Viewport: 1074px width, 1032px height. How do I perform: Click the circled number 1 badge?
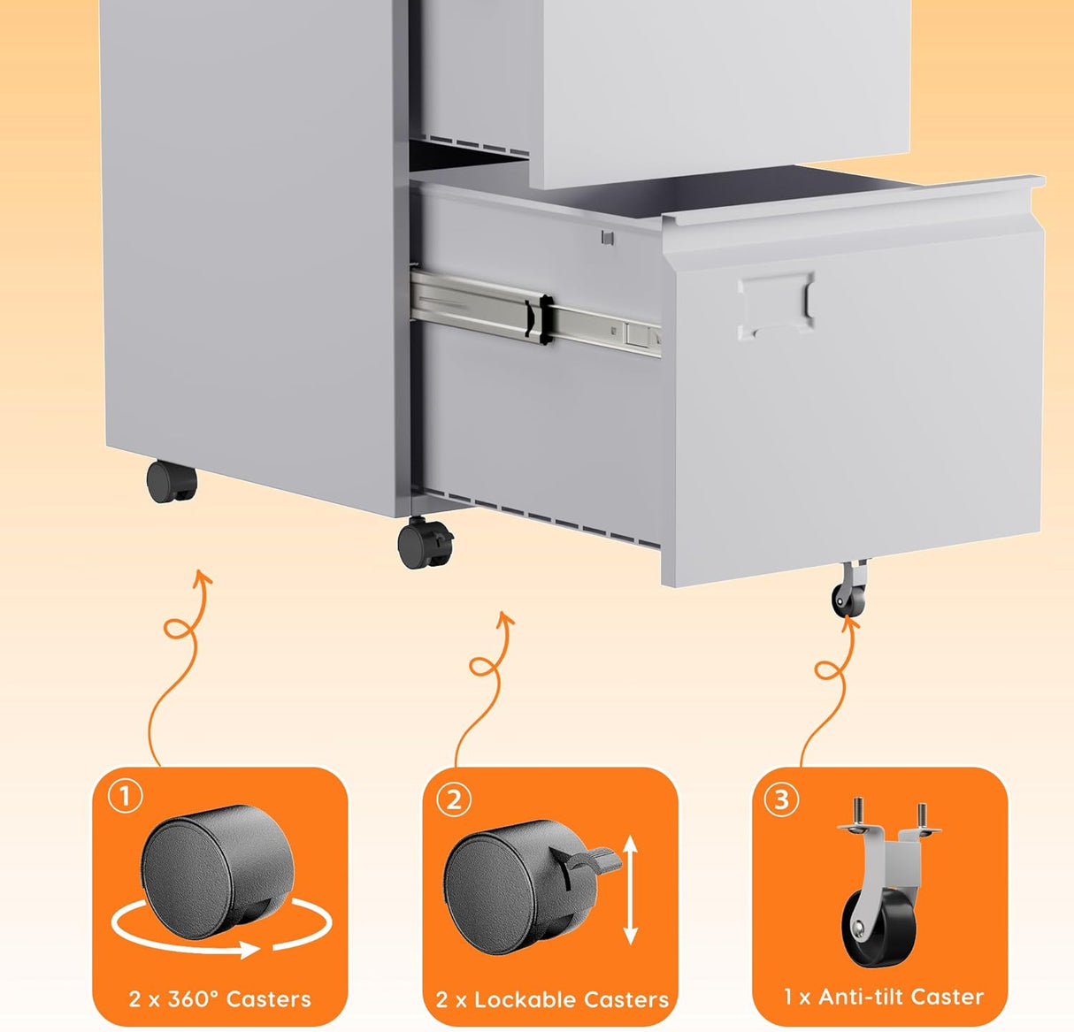(125, 797)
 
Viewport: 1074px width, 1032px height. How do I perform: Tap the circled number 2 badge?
(455, 799)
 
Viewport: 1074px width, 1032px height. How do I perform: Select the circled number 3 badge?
(781, 799)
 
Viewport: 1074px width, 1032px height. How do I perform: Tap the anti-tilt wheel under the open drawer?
(848, 600)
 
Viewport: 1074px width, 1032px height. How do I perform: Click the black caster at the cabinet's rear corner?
(172, 482)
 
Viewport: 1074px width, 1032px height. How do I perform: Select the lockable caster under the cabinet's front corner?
(425, 542)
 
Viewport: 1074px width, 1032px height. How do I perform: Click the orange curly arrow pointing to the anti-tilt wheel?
(830, 690)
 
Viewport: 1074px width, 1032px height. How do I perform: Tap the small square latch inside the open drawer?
(606, 236)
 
